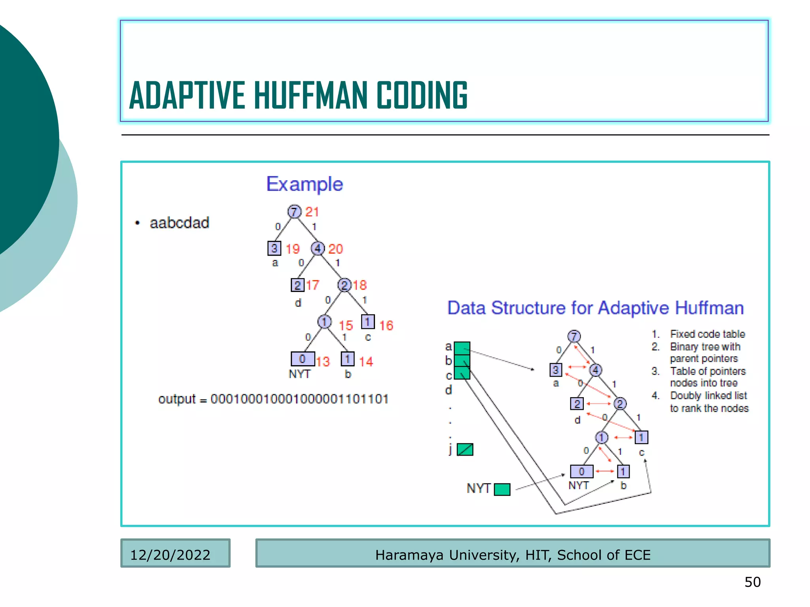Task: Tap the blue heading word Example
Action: (x=305, y=184)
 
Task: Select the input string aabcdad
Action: (x=179, y=223)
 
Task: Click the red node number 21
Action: (x=312, y=212)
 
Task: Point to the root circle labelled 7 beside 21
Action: (x=294, y=211)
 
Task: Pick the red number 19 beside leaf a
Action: (x=293, y=249)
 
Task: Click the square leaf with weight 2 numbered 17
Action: (x=297, y=285)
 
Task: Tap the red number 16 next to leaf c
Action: (x=386, y=326)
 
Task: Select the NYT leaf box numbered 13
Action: (x=303, y=359)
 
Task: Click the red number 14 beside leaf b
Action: (x=366, y=362)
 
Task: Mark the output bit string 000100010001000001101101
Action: (x=299, y=399)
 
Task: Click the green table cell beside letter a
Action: (x=462, y=348)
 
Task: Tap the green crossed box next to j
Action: (x=465, y=449)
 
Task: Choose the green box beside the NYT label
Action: (x=502, y=489)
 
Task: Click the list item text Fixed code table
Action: (x=707, y=334)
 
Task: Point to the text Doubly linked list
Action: (x=708, y=396)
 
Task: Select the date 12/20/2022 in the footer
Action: (x=170, y=555)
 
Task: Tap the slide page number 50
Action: (x=752, y=582)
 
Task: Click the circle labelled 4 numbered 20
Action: (x=318, y=249)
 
